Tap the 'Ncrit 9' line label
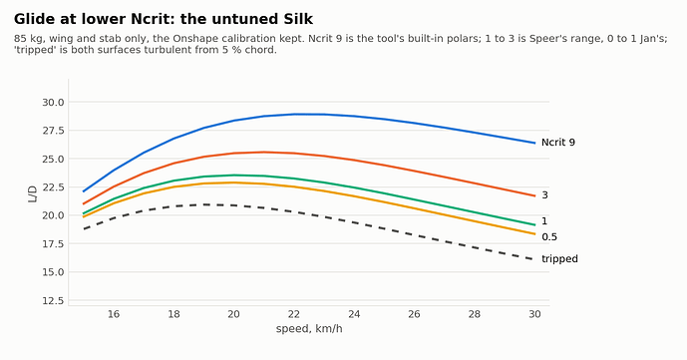558,143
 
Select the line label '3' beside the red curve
544,195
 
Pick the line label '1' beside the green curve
544,221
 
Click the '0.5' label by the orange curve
549,237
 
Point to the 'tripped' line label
559,259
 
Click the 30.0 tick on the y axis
53,103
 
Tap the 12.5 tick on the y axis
53,301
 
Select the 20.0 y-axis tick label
53,215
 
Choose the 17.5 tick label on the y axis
53,244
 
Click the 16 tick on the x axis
114,314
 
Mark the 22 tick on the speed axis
294,314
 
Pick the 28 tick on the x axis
475,314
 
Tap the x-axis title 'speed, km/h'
309,329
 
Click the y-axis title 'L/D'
33,194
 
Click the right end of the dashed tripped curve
534,259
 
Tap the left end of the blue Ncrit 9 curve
83,191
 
